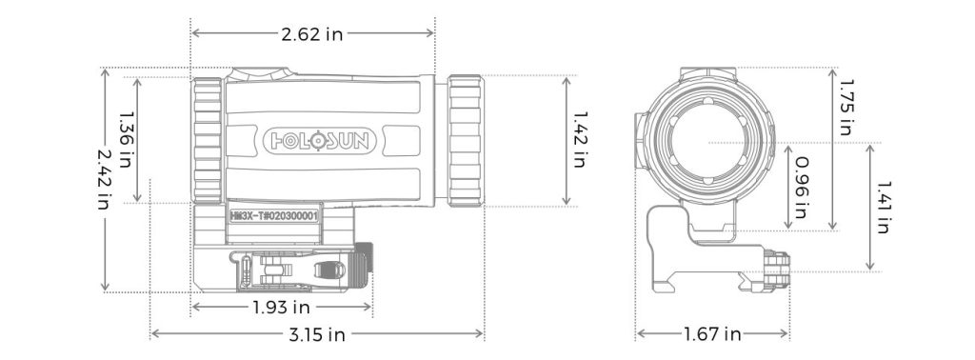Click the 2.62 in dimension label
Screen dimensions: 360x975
coord(311,34)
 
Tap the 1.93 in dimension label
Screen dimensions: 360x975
coord(281,307)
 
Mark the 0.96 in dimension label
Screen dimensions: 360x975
coord(801,188)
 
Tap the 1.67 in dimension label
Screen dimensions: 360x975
coord(712,334)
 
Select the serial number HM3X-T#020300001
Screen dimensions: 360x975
coord(274,216)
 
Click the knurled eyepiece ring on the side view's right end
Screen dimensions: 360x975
coord(465,140)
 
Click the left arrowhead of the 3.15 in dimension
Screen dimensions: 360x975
coord(154,334)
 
